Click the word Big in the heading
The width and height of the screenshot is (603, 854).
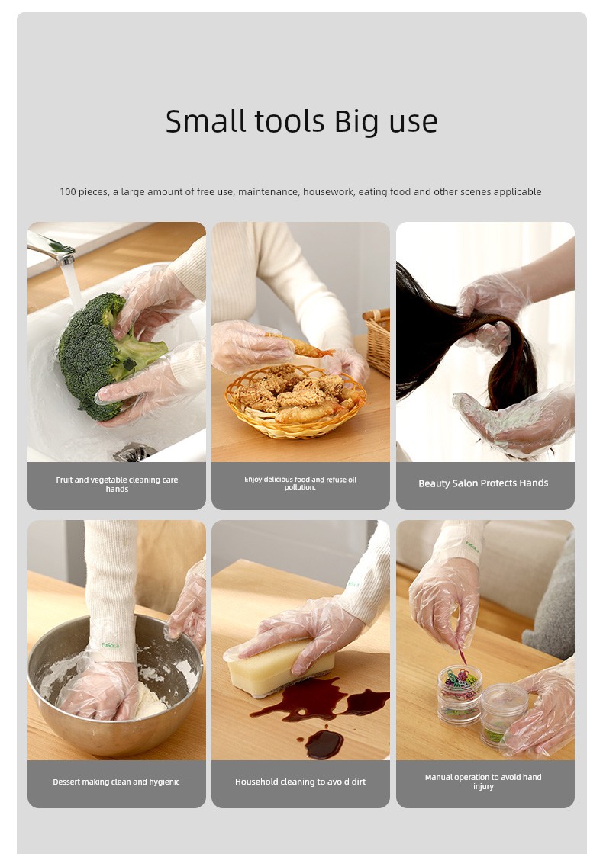(x=356, y=122)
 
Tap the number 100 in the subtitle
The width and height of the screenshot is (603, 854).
(x=68, y=191)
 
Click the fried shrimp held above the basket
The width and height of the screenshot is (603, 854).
(x=301, y=346)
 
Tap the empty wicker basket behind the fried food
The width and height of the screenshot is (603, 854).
(x=378, y=340)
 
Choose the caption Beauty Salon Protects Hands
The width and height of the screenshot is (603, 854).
(x=483, y=483)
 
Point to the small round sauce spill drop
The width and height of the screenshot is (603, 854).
(x=324, y=744)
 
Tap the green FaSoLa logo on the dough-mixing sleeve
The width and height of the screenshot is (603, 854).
(x=110, y=645)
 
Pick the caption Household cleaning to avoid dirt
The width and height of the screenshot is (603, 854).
(x=301, y=782)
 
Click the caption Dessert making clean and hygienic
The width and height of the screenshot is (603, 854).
(x=116, y=782)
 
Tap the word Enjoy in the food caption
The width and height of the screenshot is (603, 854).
(x=253, y=480)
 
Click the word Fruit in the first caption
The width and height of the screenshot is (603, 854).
(x=64, y=480)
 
